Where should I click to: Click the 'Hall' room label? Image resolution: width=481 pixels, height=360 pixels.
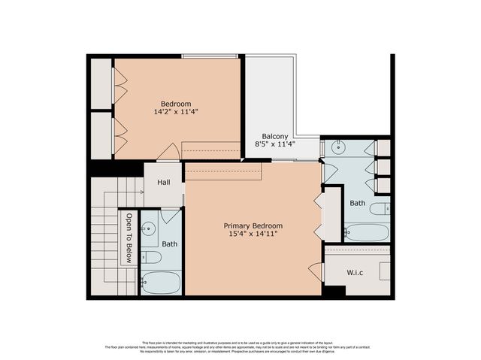[163, 183]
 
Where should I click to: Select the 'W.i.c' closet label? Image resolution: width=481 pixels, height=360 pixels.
[355, 271]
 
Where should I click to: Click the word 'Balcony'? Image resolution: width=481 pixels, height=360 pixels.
[275, 136]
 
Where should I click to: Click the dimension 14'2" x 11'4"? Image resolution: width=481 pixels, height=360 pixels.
[175, 112]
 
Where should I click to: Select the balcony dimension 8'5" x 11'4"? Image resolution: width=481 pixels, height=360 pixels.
[275, 145]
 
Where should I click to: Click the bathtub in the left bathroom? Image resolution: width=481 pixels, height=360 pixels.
[162, 283]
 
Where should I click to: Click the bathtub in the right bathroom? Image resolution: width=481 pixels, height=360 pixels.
[368, 232]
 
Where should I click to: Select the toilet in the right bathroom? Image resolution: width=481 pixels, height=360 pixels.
[383, 208]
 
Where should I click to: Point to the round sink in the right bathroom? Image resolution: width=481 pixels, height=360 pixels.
[334, 147]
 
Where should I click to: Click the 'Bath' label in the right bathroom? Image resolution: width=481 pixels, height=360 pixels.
[358, 203]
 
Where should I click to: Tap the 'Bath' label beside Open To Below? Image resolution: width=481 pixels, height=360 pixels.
[170, 244]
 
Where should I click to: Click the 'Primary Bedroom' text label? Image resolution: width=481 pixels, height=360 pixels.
[253, 225]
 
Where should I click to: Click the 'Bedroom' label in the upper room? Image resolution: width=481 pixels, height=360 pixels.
[176, 103]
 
